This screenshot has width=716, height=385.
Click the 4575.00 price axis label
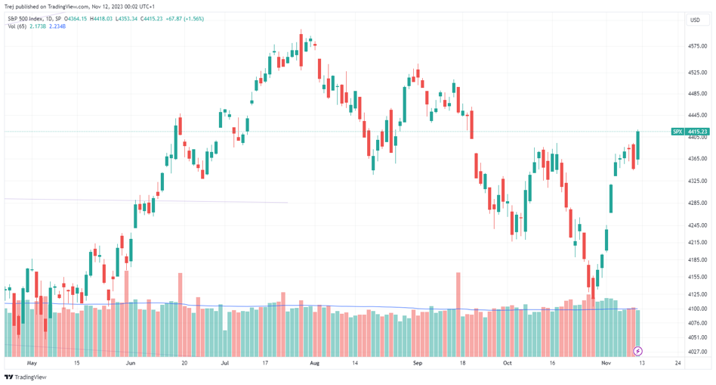tap(696, 46)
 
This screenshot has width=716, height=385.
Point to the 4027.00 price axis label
tap(696, 351)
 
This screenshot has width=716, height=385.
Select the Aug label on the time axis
tap(315, 363)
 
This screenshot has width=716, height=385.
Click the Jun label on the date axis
tap(131, 363)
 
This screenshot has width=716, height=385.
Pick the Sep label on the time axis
tap(415, 363)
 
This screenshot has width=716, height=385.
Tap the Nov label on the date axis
tap(606, 363)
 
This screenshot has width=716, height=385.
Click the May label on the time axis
tap(32, 363)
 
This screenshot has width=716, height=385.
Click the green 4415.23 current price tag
tap(698, 132)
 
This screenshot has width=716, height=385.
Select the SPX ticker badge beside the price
tap(677, 132)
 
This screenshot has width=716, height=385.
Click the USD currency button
tap(695, 20)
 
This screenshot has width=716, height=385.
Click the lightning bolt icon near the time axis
tap(637, 351)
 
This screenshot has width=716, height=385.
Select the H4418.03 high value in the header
tap(100, 19)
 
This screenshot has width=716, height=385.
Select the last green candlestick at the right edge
tap(638, 145)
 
